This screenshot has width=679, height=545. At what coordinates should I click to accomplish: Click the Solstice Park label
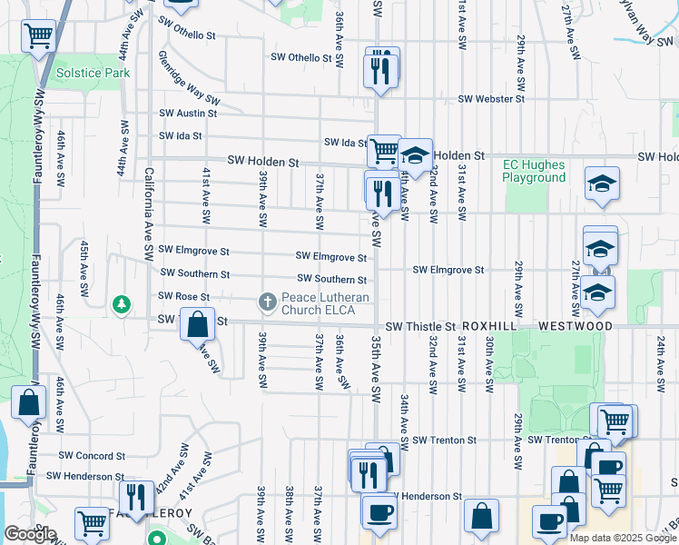point(93,73)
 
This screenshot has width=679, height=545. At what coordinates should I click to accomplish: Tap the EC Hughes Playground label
point(534,171)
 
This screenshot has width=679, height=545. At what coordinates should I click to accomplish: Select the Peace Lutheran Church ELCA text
point(325,303)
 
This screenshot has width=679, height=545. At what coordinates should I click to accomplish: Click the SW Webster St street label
point(492,98)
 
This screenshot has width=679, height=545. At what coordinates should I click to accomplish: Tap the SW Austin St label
point(188,114)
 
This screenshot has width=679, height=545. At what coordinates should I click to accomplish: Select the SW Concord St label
point(92,455)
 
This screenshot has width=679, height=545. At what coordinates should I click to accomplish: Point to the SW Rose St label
point(183,296)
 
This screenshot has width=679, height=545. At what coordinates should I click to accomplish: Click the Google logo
point(29,534)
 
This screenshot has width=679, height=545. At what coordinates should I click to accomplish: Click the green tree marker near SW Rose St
point(120,304)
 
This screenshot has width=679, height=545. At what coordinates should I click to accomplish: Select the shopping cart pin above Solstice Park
point(38,36)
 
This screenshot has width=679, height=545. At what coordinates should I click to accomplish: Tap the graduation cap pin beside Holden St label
point(415,156)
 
